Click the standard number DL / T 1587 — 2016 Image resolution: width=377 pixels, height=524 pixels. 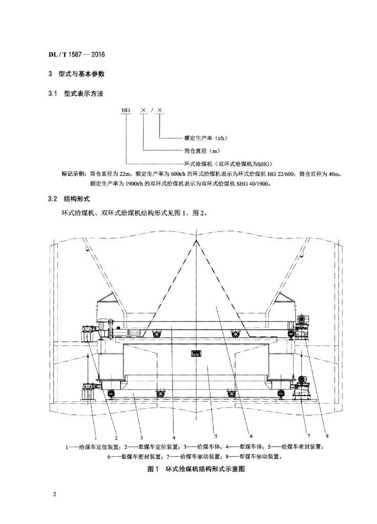76,54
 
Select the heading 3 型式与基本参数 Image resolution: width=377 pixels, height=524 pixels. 76,74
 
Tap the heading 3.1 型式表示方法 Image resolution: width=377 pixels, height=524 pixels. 76,94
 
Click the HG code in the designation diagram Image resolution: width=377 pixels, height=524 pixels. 126,110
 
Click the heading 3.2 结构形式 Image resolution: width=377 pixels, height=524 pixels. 69,199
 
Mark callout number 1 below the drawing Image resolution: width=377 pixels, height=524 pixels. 96,437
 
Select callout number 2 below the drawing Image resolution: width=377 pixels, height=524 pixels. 116,437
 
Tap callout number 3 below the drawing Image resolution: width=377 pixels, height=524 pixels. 142,437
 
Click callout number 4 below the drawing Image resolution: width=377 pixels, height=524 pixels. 174,437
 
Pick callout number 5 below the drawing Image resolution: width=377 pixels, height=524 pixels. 216,436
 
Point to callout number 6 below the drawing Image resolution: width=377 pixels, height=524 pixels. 251,436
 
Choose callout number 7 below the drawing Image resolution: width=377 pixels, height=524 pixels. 309,436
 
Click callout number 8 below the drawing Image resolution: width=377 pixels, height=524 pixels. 327,436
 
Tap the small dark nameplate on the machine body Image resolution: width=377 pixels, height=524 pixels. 196,353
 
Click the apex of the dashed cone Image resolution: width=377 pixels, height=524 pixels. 196,241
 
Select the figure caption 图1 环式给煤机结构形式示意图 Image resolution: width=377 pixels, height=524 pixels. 196,469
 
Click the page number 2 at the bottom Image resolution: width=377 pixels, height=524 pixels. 54,495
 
